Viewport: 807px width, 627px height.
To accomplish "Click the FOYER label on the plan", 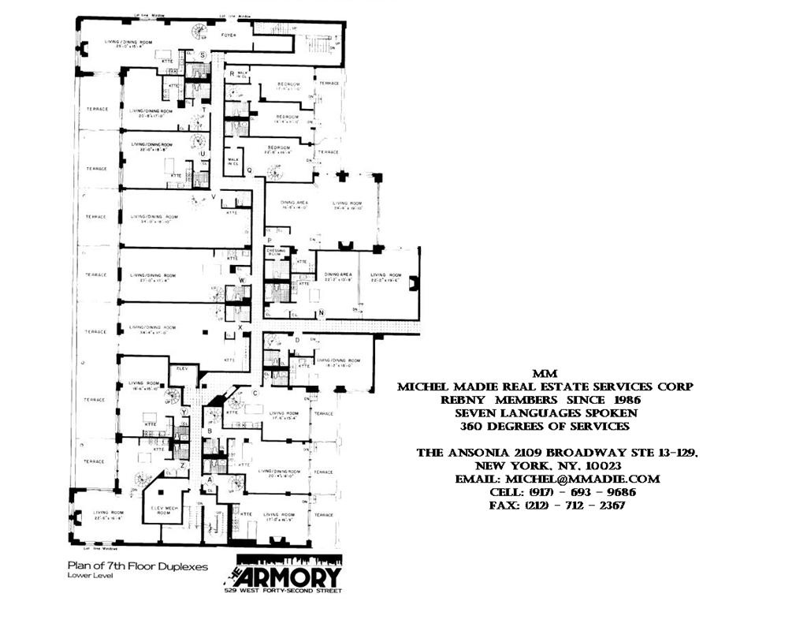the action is [x=229, y=35].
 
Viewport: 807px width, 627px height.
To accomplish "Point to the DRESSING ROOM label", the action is [x=275, y=252].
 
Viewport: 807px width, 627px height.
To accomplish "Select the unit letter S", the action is [x=203, y=55].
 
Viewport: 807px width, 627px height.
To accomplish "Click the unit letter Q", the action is [x=249, y=170].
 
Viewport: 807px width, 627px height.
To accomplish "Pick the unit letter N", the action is [x=321, y=313].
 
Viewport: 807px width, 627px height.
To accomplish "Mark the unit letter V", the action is [x=214, y=196].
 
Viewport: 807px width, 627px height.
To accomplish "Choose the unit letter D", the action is [x=297, y=340].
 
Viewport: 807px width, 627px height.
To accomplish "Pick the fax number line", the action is [x=556, y=506].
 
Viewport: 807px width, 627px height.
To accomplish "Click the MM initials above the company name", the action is [x=544, y=373].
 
